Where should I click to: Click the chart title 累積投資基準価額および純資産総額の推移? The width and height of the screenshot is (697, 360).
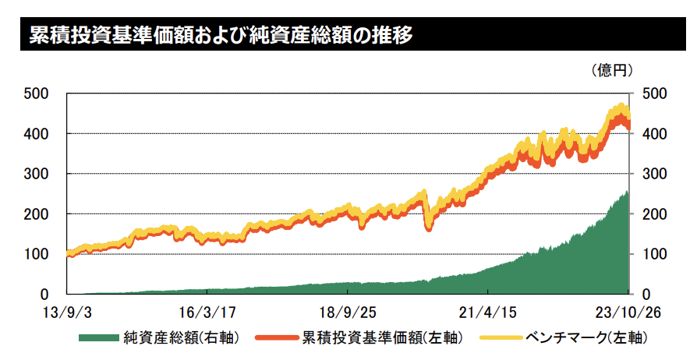[x=221, y=35]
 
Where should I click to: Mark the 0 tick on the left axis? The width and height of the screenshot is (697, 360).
[x=44, y=295]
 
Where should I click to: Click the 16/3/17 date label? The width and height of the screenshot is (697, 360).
[x=207, y=313]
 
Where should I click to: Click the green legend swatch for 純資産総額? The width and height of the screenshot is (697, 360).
[x=99, y=339]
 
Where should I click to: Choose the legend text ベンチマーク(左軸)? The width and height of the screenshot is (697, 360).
[x=587, y=338]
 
